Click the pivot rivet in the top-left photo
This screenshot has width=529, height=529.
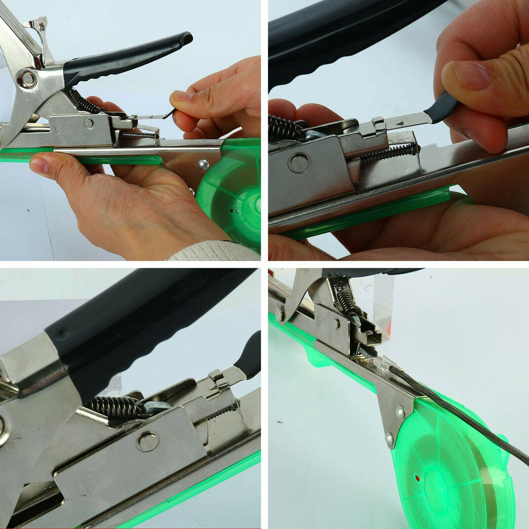coord(29,79)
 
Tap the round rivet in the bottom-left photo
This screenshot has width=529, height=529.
coord(147,441)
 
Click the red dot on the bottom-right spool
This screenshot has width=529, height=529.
coord(417,478)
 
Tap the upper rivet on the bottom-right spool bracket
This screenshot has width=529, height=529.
coord(400,413)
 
